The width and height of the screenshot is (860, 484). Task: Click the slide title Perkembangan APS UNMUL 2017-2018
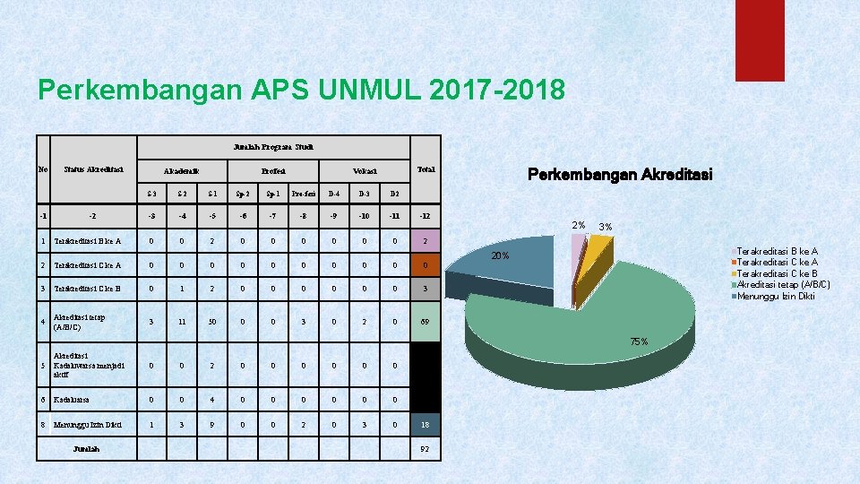pos(301,91)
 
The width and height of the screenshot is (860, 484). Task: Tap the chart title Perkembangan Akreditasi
pos(620,175)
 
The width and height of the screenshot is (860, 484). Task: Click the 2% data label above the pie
pos(580,225)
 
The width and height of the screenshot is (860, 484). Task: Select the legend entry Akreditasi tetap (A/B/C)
pos(782,284)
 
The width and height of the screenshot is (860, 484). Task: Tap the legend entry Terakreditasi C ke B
pos(778,273)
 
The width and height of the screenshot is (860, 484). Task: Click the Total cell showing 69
pos(426,322)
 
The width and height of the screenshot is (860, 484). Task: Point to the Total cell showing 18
pos(426,425)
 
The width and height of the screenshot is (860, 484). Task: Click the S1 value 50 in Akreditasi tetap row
pos(211,322)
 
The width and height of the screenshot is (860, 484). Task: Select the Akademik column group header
pos(181,170)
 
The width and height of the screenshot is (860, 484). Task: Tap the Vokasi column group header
pos(364,170)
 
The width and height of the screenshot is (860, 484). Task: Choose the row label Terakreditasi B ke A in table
pos(88,240)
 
